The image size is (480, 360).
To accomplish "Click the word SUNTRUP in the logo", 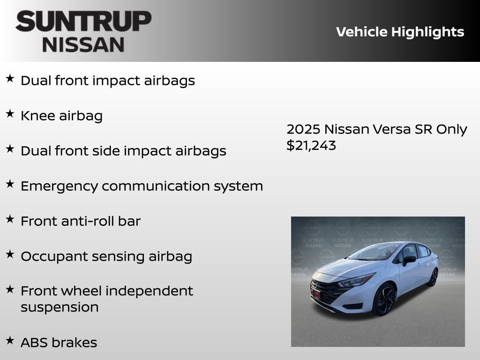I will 83,22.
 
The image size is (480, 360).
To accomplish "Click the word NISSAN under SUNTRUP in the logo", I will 83,45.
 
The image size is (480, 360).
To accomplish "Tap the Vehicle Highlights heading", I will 400,32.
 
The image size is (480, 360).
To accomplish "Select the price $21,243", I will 311,145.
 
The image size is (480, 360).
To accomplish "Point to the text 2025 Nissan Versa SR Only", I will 376,129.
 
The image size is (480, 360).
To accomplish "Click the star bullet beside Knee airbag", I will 10,114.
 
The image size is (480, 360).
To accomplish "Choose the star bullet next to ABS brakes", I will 10,340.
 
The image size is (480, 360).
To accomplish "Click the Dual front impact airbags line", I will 107,81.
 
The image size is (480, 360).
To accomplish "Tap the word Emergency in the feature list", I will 59,186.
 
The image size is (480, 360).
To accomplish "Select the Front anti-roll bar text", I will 80,221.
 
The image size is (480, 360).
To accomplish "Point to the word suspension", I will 60,307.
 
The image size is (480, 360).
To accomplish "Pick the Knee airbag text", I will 61,116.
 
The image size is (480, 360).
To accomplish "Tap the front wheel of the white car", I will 384,300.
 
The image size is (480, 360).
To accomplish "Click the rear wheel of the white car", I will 432,277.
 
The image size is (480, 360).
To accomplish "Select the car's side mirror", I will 408,260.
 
